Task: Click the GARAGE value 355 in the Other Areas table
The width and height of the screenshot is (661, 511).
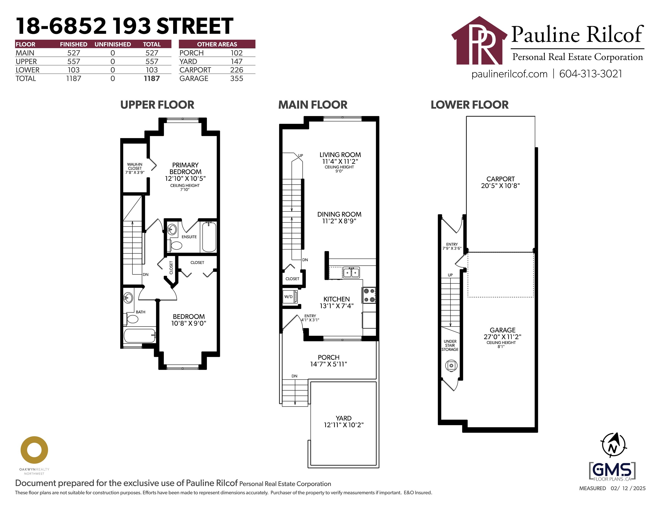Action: [236, 79]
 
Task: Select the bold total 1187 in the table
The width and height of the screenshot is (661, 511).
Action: [152, 79]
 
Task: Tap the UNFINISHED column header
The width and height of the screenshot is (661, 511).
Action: [113, 44]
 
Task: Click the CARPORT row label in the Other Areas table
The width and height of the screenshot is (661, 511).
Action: [195, 70]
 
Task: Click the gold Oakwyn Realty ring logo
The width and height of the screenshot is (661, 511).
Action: [34, 450]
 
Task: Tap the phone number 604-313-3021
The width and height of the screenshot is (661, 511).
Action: [590, 74]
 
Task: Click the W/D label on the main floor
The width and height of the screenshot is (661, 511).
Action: [288, 297]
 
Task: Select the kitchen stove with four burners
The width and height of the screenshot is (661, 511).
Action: [369, 295]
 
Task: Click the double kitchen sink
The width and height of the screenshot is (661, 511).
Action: [351, 272]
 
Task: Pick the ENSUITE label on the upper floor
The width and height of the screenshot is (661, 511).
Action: [189, 237]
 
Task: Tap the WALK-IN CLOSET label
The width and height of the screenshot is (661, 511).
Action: [135, 168]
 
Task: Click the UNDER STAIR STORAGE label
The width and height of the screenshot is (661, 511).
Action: [450, 345]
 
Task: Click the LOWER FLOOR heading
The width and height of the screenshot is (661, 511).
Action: [469, 105]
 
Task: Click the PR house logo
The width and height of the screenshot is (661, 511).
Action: [479, 41]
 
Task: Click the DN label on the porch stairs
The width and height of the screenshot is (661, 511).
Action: [294, 376]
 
